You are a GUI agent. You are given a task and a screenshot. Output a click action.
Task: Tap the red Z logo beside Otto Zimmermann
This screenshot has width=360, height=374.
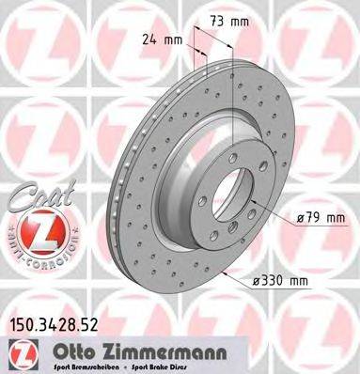pyautogui.click(x=20, y=352)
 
